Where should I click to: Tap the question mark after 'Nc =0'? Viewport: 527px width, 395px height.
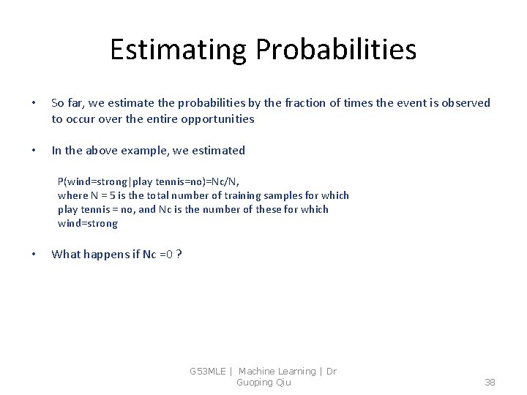tap(179, 255)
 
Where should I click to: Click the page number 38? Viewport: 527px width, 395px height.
tap(490, 382)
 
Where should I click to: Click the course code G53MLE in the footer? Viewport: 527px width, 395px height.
tap(208, 372)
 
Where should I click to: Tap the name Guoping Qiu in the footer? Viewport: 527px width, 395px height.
tap(263, 382)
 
